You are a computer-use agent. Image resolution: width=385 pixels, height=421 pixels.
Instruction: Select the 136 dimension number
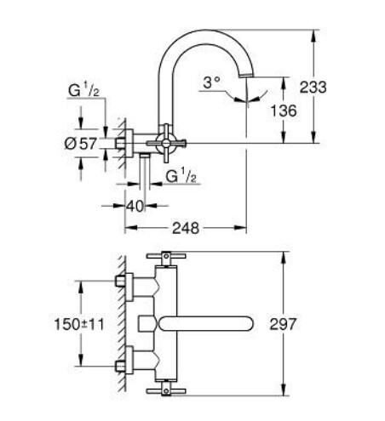(284, 111)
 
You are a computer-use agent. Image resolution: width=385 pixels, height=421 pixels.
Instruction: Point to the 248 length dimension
(186, 228)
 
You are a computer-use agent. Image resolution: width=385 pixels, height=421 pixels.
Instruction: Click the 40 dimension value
(134, 205)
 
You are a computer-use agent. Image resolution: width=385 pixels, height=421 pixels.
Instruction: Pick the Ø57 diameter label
(80, 144)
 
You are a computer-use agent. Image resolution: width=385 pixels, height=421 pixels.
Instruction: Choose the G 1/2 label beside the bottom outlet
(181, 177)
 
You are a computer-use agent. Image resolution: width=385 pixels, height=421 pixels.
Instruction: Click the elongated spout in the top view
(209, 323)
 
